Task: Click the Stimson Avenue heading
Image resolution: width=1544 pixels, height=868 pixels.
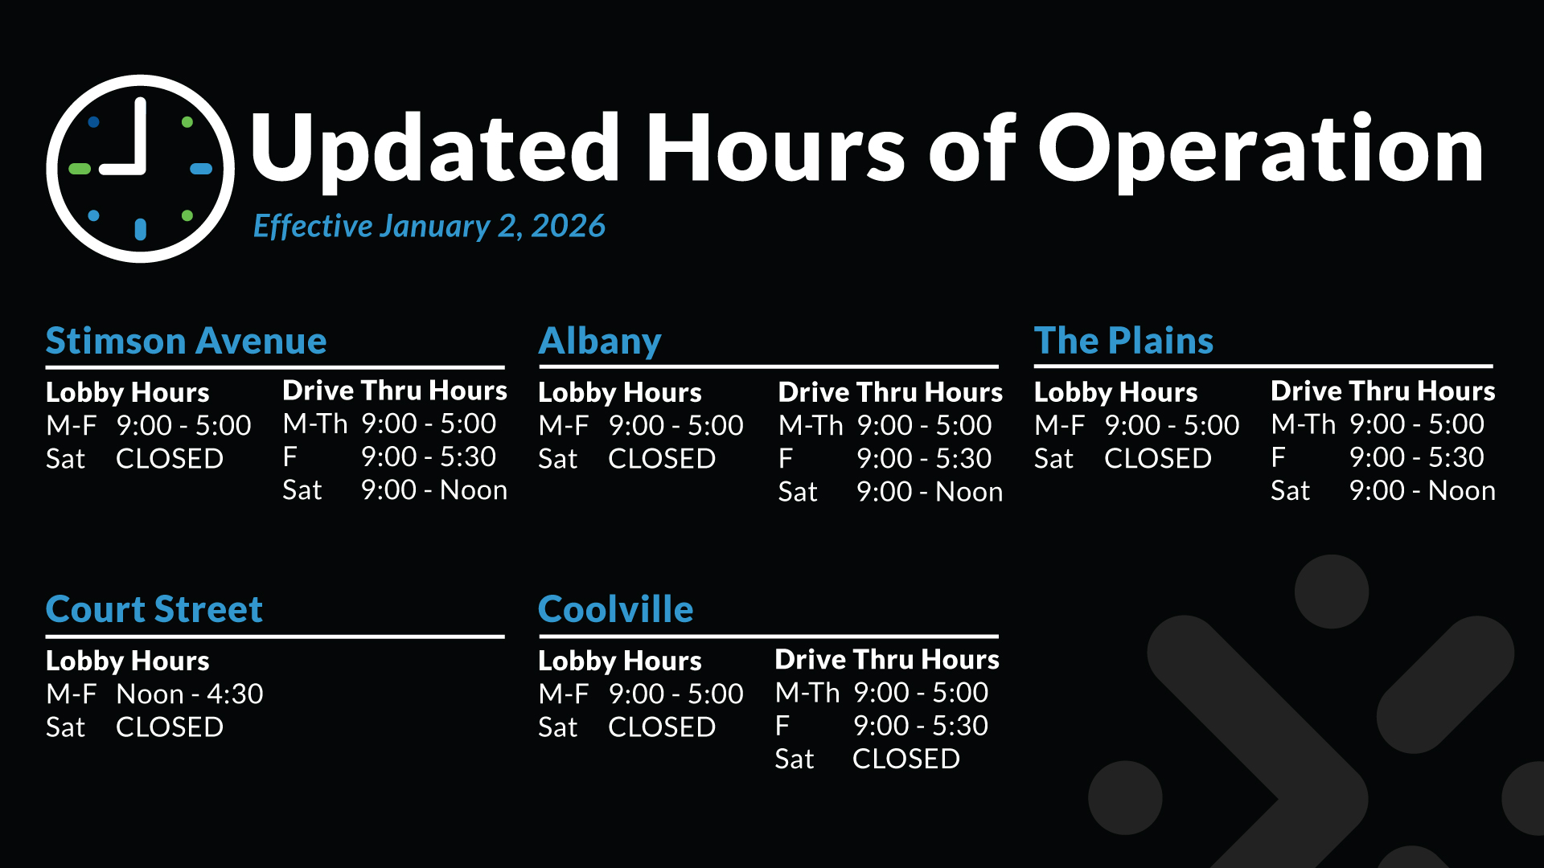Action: point(186,342)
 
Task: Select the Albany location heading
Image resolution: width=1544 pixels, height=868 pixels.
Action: point(600,342)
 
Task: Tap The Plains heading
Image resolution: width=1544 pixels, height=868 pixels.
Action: point(1123,341)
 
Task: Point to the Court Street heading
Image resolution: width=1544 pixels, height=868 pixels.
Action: point(154,609)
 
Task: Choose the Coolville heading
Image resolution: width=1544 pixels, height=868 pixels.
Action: point(615,609)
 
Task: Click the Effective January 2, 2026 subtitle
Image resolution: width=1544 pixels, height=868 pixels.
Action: point(429,227)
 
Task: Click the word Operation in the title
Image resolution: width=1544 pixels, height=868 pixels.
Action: point(1261,149)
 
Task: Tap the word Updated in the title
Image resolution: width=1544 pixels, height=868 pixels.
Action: point(434,149)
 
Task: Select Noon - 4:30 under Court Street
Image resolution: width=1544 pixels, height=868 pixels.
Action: point(189,694)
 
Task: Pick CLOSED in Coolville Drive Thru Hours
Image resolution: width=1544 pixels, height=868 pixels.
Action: point(905,759)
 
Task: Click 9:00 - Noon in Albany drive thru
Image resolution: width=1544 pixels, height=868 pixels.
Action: point(929,491)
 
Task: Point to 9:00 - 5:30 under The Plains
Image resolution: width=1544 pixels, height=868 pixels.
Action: point(1416,457)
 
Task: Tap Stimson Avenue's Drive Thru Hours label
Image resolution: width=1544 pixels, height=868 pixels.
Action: point(395,391)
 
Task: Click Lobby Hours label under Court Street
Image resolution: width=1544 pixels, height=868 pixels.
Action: point(127,661)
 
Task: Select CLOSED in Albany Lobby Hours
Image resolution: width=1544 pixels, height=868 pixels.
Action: point(661,458)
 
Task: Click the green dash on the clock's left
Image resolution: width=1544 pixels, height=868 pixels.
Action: point(80,169)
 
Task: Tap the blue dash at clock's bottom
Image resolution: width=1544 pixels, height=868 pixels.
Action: point(141,229)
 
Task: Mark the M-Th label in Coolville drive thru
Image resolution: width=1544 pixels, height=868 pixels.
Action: point(807,693)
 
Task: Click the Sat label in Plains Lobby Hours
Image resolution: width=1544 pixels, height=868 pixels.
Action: point(1053,458)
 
